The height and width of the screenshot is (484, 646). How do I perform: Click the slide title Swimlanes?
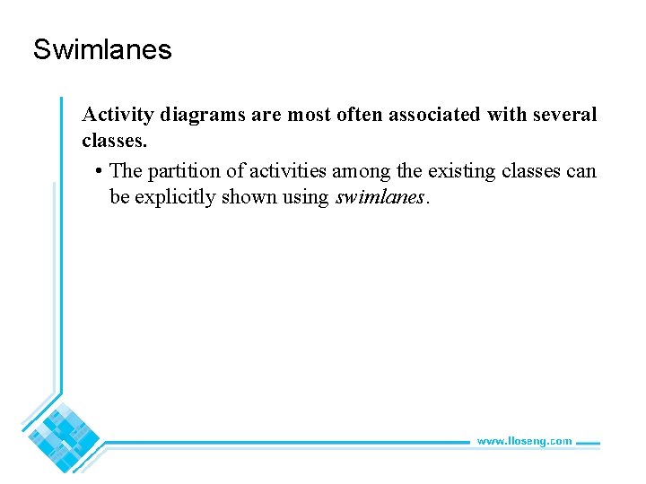[101, 49]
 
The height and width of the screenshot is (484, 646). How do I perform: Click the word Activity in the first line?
[118, 115]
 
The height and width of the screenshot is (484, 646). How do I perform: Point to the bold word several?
[563, 115]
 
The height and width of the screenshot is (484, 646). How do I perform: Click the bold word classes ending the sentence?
[112, 141]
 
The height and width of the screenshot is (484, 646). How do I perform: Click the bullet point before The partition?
[97, 171]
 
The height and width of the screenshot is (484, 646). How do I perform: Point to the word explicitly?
[177, 196]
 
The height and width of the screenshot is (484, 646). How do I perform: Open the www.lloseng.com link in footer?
[524, 441]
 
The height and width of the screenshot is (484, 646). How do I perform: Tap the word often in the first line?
[360, 115]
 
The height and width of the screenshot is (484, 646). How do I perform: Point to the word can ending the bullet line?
[581, 170]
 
